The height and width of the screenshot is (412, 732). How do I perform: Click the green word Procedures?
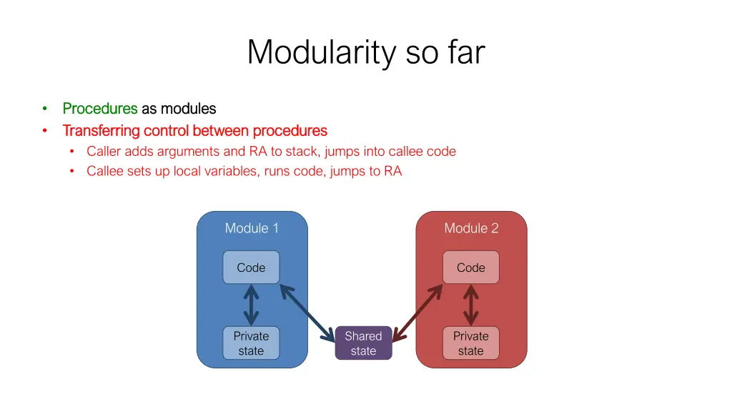pos(100,109)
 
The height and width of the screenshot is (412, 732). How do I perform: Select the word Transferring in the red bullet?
pos(101,131)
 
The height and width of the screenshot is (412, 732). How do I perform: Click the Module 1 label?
pos(252,228)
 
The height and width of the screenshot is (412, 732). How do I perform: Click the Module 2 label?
pos(471,228)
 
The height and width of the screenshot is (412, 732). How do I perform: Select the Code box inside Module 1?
pos(251,268)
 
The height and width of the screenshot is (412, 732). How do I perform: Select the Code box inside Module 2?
pos(470,268)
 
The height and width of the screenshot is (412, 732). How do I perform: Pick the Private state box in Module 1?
pos(251,343)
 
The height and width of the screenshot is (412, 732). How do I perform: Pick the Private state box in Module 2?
pos(470,343)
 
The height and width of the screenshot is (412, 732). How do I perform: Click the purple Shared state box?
pos(363,343)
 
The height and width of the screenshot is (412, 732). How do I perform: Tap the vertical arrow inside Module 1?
pos(251,305)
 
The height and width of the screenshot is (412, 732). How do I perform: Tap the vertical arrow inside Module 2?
pos(470,305)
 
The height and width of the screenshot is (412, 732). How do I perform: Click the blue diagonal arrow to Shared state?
pos(307,312)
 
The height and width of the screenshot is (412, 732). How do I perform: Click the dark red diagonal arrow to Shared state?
pos(417,312)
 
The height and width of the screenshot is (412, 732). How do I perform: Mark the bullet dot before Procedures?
pos(44,109)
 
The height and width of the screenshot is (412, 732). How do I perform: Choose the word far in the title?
pos(467,52)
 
